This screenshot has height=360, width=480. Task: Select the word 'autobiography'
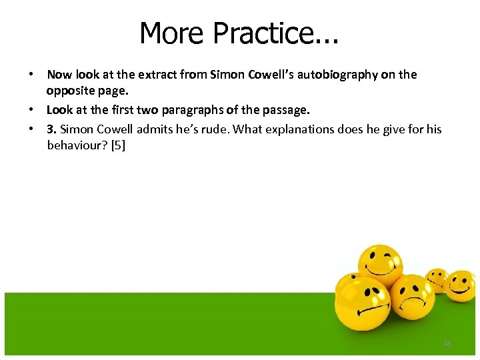point(340,75)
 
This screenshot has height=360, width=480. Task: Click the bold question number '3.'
point(51,129)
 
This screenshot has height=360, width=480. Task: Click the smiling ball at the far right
point(460,285)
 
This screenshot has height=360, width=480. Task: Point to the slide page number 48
point(447,343)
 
